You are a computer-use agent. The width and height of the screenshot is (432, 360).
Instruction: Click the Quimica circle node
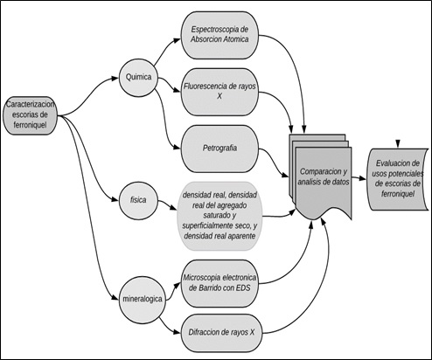point(138,78)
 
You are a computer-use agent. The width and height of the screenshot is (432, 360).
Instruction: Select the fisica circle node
point(138,200)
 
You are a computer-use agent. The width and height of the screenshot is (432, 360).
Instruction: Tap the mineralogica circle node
point(143,299)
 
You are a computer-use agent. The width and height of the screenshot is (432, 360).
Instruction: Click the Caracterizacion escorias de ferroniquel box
point(30,115)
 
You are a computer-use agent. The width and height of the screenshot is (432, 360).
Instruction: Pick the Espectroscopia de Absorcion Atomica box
point(219,35)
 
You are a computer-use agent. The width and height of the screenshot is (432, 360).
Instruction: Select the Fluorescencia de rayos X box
point(219,92)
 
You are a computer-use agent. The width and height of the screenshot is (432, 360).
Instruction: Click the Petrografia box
point(219,149)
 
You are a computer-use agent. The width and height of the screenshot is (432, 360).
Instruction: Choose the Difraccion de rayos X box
point(221,332)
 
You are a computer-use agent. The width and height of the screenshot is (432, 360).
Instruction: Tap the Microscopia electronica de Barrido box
point(219,283)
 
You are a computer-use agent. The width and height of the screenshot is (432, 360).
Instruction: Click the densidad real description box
point(219,216)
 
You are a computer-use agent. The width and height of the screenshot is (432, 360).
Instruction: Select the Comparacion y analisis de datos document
point(321,177)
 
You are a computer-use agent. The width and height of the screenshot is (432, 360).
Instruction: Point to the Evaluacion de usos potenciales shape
point(397,179)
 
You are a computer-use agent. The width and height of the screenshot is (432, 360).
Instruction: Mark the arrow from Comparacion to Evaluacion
point(359,178)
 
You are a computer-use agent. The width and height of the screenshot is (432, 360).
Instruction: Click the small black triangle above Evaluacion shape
point(398,143)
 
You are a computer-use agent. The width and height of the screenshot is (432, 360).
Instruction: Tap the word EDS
point(243,288)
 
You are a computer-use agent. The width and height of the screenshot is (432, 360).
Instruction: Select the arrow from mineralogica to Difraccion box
point(169,326)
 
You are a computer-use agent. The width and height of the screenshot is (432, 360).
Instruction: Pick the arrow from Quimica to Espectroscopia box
point(166,51)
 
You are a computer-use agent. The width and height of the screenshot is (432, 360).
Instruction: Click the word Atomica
point(234,39)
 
